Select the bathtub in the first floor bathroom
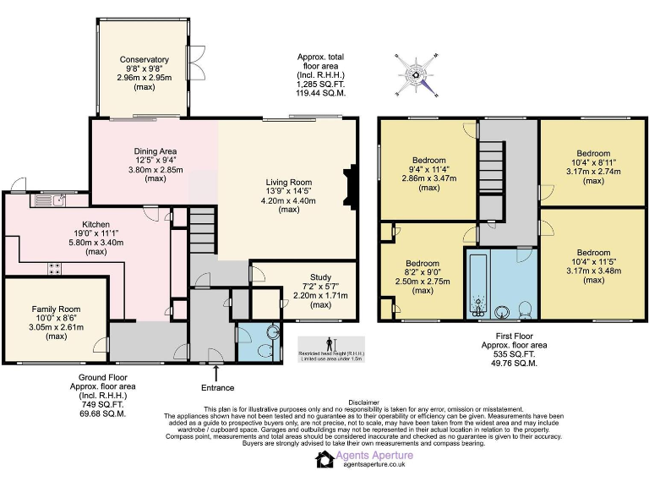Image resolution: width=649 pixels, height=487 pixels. (477, 282)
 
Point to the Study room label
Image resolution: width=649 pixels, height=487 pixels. (320, 276)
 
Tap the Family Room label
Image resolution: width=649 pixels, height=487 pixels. (57, 309)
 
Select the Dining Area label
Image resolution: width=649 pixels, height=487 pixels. (155, 150)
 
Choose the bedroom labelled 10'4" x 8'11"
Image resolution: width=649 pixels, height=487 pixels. (593, 154)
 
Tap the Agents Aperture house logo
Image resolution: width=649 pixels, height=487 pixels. (326, 459)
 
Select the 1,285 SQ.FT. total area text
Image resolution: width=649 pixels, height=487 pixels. (321, 85)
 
